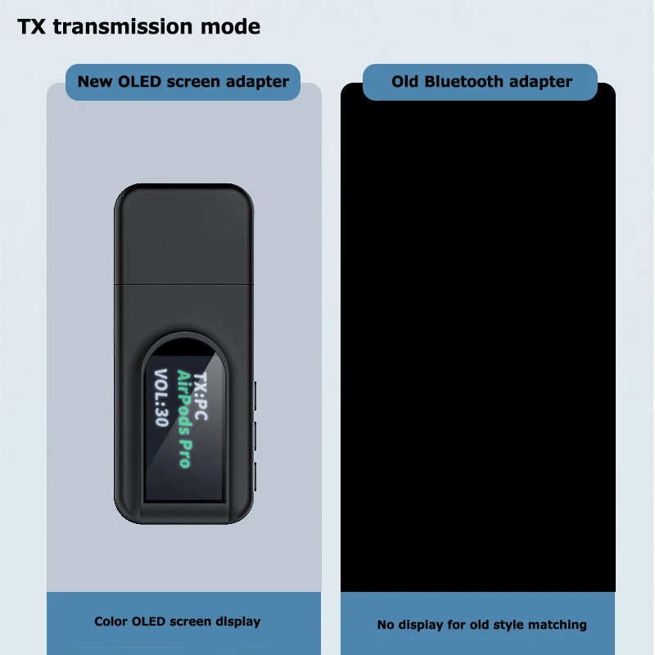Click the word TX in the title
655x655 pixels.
(x=33, y=27)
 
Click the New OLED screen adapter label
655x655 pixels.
(x=183, y=82)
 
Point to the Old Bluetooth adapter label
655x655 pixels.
(x=481, y=82)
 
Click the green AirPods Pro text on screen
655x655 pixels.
(x=185, y=418)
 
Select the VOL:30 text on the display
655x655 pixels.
(x=160, y=397)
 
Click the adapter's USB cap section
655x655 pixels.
(x=183, y=234)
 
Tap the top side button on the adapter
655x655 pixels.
(x=255, y=395)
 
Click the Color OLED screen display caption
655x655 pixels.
(x=178, y=621)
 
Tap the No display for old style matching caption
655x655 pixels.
(x=481, y=625)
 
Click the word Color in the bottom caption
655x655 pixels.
(x=111, y=621)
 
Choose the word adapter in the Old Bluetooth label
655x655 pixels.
(x=541, y=82)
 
